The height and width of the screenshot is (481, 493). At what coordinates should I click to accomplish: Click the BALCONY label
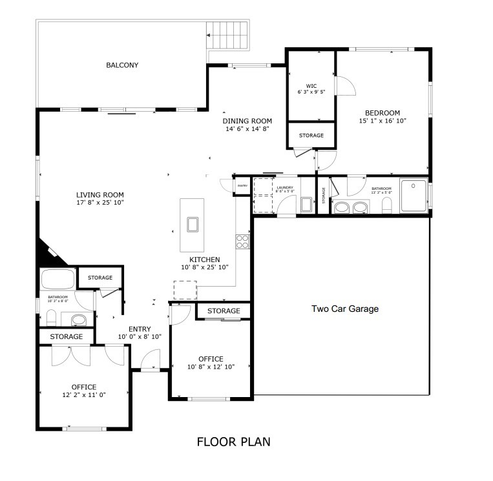point(122,65)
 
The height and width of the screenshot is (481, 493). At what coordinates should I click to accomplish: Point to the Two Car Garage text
point(345,309)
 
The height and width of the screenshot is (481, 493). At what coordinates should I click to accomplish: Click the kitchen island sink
point(193,224)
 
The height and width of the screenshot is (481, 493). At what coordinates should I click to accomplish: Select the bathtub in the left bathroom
point(58,280)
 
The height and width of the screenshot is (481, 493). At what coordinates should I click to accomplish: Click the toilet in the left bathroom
point(50,318)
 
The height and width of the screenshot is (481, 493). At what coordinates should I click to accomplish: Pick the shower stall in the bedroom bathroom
point(413,195)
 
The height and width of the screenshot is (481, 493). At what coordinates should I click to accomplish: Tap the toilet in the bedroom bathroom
point(387,205)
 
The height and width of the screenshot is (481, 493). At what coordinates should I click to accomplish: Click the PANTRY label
point(242,186)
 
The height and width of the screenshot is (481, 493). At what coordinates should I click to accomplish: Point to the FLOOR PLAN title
point(233,442)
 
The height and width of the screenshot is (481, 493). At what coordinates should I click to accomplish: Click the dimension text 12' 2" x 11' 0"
point(84,394)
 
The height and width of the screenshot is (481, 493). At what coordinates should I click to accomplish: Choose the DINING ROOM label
point(247,121)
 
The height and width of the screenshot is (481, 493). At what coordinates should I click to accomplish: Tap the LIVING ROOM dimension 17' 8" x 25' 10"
point(100,203)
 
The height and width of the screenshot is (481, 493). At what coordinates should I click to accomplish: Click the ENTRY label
point(140,329)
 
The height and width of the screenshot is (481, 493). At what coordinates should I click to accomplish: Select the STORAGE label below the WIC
point(311,136)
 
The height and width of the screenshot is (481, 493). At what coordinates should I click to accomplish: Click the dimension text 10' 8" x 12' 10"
point(211,367)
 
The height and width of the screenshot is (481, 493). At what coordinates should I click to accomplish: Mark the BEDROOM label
point(383,112)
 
